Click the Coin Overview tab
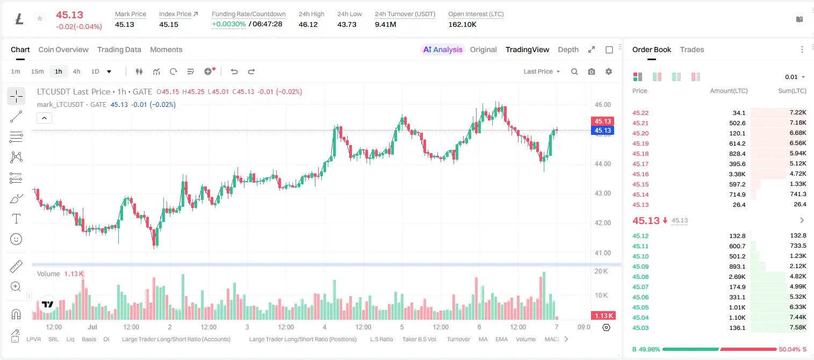point(63,49)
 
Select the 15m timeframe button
point(37,71)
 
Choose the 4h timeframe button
point(76,71)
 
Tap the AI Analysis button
point(443,49)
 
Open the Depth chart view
point(568,49)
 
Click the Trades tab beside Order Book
point(692,49)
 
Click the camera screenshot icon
point(592,71)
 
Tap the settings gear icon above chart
point(609,71)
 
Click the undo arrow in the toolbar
point(234,71)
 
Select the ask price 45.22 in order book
point(640,113)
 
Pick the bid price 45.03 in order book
point(640,328)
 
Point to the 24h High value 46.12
point(308,24)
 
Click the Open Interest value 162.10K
point(462,24)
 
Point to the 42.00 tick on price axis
point(602,222)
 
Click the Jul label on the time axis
point(92,327)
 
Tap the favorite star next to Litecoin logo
point(40,18)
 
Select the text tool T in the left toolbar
point(16,219)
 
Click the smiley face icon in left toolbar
point(16,239)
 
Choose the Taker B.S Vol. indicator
point(419,339)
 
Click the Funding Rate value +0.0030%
point(229,24)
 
